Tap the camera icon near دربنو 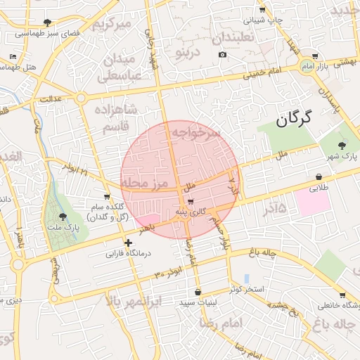click(x=223, y=55)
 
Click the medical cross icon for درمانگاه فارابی click(x=128, y=243)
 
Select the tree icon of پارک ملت click(x=64, y=217)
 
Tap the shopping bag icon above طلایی click(x=319, y=176)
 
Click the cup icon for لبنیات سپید click(x=198, y=292)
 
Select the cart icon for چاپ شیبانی click(x=262, y=9)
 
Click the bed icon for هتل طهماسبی click(x=13, y=56)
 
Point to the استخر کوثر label click(x=246, y=289)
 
